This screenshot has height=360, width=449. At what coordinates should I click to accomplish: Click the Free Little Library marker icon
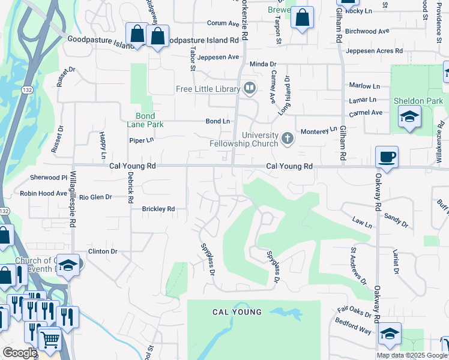(x=250, y=89)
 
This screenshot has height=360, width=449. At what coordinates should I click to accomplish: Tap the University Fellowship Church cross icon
(x=288, y=139)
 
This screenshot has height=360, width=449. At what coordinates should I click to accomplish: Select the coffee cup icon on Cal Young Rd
(x=387, y=157)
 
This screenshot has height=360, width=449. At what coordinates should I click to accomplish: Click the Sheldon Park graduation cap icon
(x=409, y=116)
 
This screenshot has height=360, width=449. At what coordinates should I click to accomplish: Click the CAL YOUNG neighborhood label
(x=237, y=312)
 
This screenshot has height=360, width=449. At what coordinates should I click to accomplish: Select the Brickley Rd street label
(x=158, y=209)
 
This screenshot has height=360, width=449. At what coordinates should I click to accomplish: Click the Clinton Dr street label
(x=103, y=251)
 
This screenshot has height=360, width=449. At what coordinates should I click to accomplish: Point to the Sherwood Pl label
(x=49, y=178)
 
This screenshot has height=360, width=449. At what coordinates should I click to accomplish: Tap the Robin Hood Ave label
(x=43, y=193)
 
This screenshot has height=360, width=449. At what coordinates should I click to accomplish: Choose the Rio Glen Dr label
(x=96, y=197)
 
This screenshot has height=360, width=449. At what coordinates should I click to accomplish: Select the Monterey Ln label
(x=319, y=131)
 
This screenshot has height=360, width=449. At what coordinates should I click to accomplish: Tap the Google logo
(x=19, y=353)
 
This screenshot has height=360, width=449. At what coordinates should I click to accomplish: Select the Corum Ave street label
(x=223, y=23)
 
